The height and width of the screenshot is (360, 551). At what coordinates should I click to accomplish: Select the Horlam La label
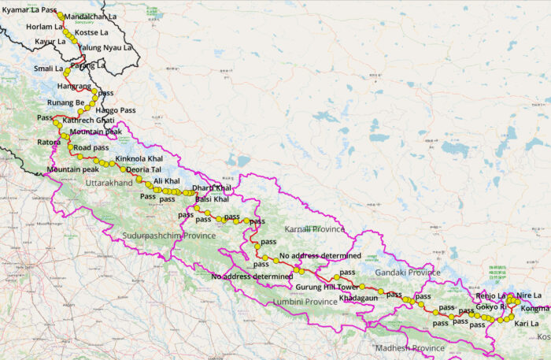pyautogui.click(x=41, y=26)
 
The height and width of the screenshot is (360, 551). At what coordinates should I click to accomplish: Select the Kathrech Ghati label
pyautogui.click(x=87, y=120)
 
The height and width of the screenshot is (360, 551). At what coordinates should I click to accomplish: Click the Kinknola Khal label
pyautogui.click(x=139, y=159)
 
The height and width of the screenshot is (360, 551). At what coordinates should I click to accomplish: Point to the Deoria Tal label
pyautogui.click(x=144, y=169)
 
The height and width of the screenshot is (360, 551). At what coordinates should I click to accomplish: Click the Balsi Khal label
pyautogui.click(x=212, y=199)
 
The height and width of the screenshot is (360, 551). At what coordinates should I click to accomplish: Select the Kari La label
pyautogui.click(x=527, y=324)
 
